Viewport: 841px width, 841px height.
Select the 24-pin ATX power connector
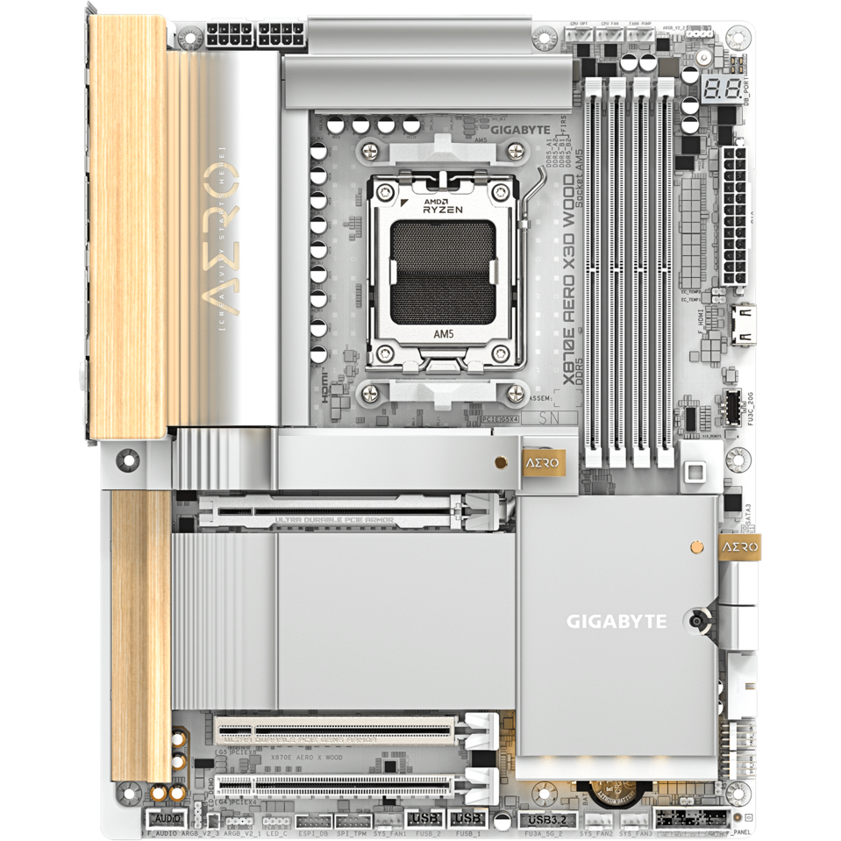pyautogui.click(x=734, y=216)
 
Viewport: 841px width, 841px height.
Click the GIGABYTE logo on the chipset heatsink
pyautogui.click(x=616, y=622)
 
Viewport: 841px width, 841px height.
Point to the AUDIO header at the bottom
pyautogui.click(x=162, y=819)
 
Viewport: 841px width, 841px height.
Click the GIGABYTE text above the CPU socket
pyautogui.click(x=519, y=130)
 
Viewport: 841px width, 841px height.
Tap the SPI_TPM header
pyautogui.click(x=351, y=821)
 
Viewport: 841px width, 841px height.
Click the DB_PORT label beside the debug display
pyautogui.click(x=747, y=90)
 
